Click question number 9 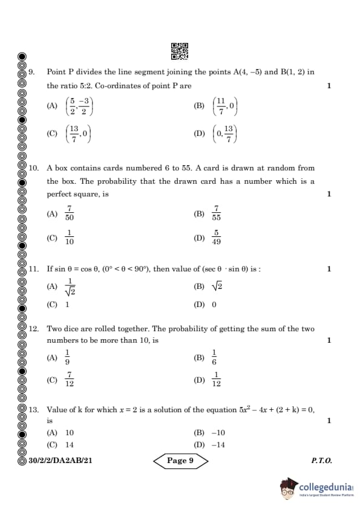pos(32,72)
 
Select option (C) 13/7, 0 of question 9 pos(79,134)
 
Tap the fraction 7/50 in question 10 pos(70,213)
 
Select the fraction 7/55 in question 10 pos(216,213)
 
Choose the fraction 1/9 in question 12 pos(68,357)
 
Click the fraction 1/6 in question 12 pos(214,357)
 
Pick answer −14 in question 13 pos(218,445)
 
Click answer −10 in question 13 pos(218,433)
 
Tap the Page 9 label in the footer pos(180,461)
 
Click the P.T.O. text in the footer pos(321,461)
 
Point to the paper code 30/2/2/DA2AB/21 pos(61,461)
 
